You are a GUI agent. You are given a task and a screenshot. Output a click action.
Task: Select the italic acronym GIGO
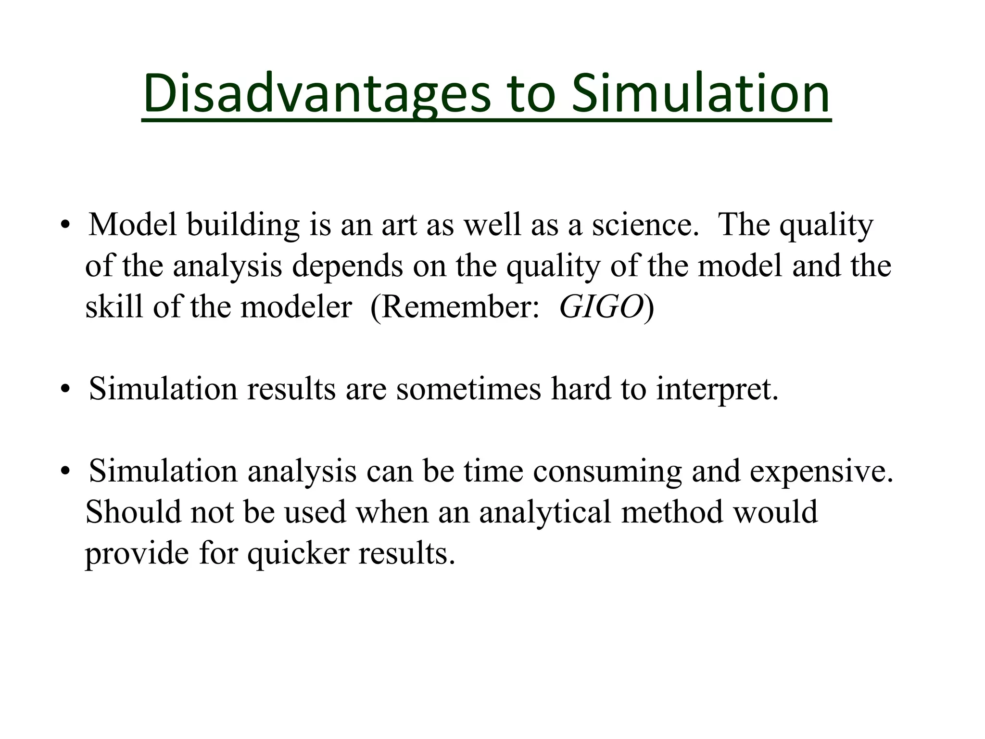coord(601,306)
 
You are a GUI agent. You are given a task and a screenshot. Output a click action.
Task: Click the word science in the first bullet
coord(645,225)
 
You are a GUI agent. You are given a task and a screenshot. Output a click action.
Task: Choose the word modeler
coord(296,306)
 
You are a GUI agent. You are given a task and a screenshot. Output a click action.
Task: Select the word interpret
coord(717,389)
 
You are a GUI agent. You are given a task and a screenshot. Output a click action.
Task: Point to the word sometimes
coord(468,389)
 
